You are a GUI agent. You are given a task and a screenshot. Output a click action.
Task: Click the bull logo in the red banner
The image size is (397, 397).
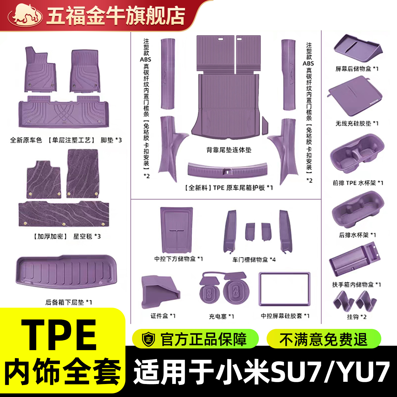click(25, 15)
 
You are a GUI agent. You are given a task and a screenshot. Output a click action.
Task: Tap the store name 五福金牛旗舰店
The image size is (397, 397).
click(116, 16)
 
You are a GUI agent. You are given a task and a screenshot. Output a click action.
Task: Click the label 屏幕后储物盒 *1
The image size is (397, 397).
click(357, 69)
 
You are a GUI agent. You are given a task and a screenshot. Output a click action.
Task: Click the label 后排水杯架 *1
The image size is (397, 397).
click(357, 235)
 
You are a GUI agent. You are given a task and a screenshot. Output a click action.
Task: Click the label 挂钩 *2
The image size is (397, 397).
click(357, 317)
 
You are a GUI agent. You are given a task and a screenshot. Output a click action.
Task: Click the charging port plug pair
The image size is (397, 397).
click(224, 288)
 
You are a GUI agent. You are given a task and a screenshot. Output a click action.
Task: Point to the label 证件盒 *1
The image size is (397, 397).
click(163, 316)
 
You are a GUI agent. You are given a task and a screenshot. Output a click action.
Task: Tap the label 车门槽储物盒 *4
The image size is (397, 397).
click(254, 260)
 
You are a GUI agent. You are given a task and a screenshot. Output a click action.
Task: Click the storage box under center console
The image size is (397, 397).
click(176, 230)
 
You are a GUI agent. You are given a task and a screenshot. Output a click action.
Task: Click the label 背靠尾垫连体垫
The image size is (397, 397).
click(229, 150)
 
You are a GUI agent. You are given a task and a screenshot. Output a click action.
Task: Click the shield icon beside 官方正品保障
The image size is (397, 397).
click(148, 339)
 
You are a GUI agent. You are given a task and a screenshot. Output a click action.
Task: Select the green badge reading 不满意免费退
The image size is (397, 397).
click(324, 339)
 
